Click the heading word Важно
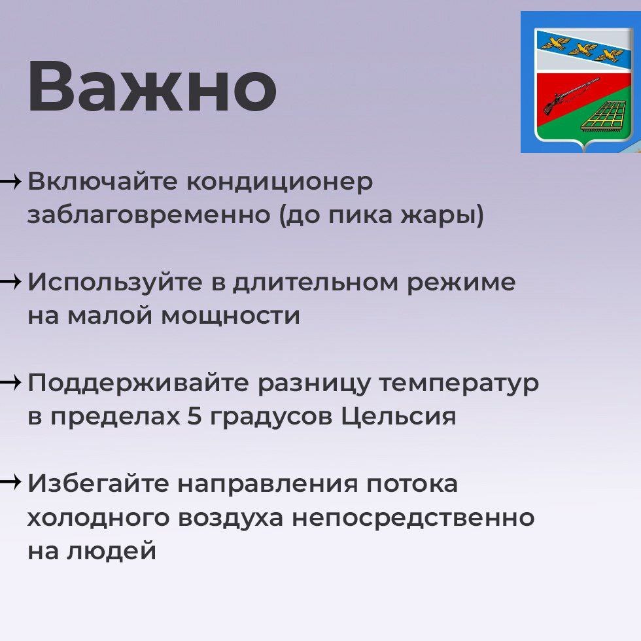pos(152,86)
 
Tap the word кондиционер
pos(280,182)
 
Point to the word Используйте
pos(115,283)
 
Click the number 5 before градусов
pos(195,416)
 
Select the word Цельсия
pos(398,417)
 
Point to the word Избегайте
pos(98,483)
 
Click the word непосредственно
pos(413,517)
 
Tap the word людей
pos(111,551)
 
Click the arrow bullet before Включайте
pos(10,181)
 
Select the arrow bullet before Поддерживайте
pos(10,383)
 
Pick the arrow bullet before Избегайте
pos(10,483)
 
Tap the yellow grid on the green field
pos(602,116)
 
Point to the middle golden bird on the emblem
pos(582,50)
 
